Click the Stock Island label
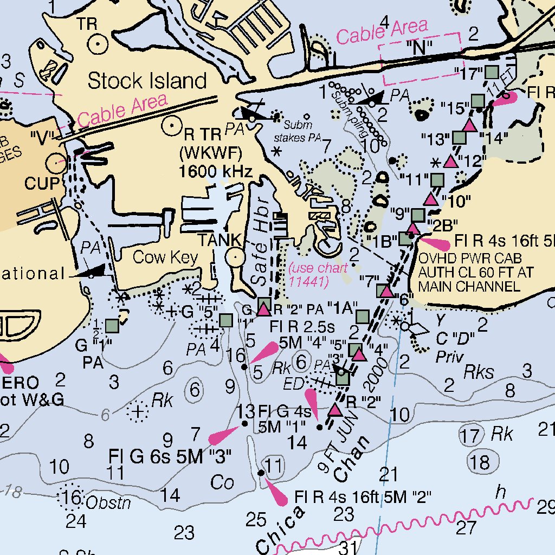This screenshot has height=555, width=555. (147, 81)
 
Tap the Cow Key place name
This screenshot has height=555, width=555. (165, 257)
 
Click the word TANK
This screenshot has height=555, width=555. (219, 240)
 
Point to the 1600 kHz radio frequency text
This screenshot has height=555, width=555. (216, 172)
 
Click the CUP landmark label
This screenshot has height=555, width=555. (41, 184)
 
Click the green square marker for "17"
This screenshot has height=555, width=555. (492, 71)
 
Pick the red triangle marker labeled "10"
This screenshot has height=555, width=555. (431, 199)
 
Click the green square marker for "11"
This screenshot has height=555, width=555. (437, 179)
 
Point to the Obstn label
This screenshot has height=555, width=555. (109, 502)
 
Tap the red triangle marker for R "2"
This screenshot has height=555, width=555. (335, 410)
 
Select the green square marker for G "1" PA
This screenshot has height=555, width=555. (112, 326)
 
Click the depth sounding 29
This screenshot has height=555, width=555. (546, 508)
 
